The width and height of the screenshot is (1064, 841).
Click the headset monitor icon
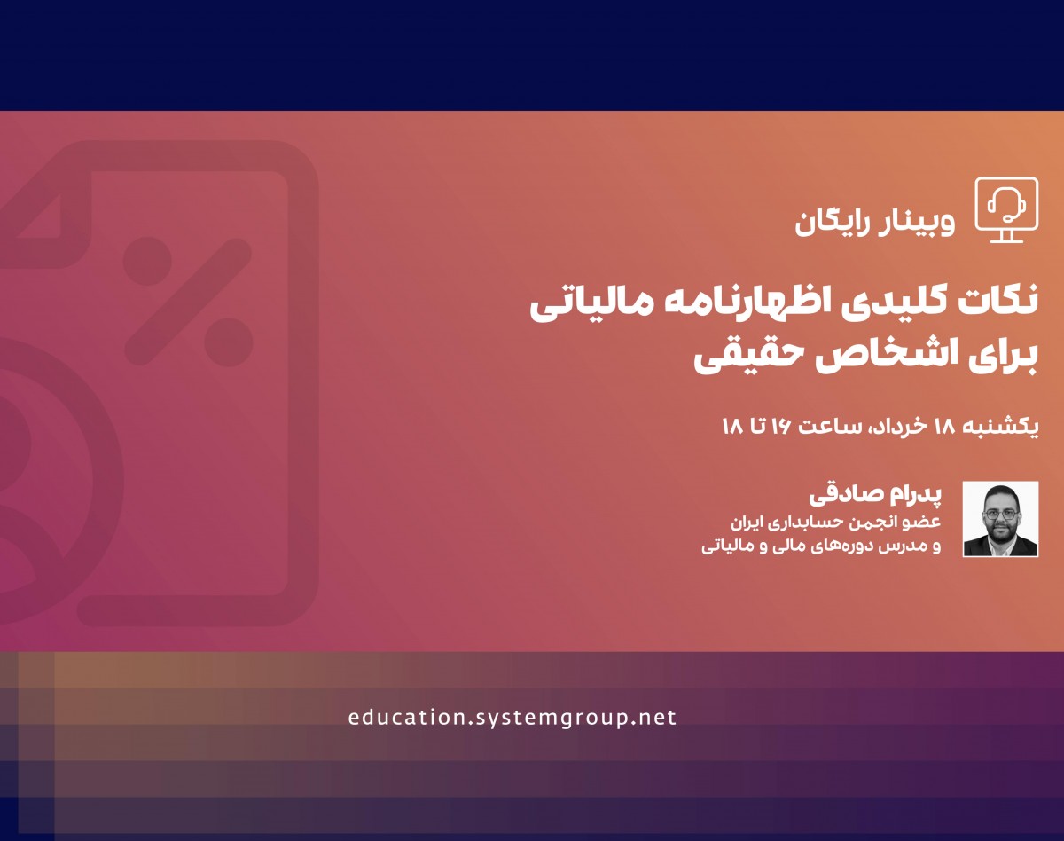[x=1005, y=209]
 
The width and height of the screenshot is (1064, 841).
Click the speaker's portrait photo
[x=1000, y=519]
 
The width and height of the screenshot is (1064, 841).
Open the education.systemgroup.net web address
[x=512, y=718]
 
